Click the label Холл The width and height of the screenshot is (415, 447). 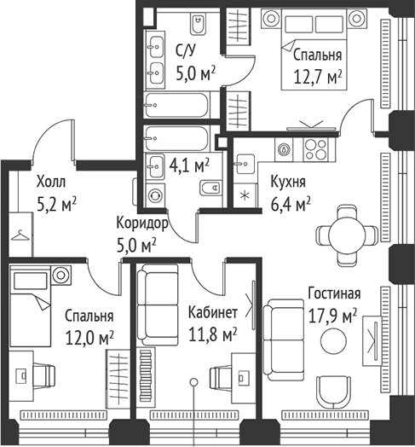[51, 182]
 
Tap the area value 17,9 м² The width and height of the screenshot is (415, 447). [332, 316]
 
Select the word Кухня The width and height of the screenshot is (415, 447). [288, 182]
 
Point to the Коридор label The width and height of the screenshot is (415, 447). [142, 223]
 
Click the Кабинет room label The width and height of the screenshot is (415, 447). [213, 312]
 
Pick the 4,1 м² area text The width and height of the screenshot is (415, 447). [189, 165]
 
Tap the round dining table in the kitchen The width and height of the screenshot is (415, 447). [347, 235]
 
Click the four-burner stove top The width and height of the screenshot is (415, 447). [315, 149]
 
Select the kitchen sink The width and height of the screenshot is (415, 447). [245, 164]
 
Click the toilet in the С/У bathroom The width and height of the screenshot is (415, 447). [199, 24]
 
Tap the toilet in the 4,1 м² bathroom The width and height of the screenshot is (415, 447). [211, 188]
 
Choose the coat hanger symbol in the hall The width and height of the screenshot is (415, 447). [20, 235]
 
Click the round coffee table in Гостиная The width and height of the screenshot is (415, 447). [333, 340]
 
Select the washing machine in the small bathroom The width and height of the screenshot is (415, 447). [155, 196]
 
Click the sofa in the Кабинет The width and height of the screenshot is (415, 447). [158, 305]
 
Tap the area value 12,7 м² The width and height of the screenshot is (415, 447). [318, 78]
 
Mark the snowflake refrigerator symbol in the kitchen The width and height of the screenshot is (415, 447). [245, 196]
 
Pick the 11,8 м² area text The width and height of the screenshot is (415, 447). [213, 334]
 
